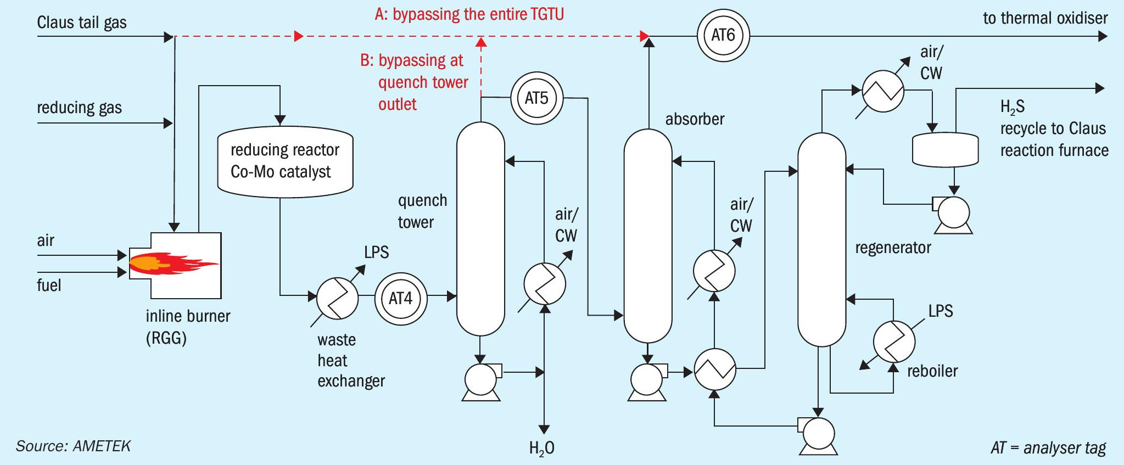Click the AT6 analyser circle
(723, 36)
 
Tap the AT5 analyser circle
(536, 98)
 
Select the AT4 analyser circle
(400, 299)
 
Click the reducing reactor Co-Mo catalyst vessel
(285, 161)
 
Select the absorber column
(648, 236)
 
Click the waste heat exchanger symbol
(337, 298)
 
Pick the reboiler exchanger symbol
(894, 341)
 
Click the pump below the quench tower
(481, 380)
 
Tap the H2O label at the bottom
(541, 449)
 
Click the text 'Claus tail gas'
(82, 23)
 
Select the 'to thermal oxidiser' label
(1045, 18)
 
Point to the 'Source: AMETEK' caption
(73, 446)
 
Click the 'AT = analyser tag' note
(1048, 447)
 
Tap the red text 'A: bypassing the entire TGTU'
(469, 14)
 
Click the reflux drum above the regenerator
(945, 149)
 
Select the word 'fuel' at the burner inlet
(49, 285)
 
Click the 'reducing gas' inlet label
(79, 108)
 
